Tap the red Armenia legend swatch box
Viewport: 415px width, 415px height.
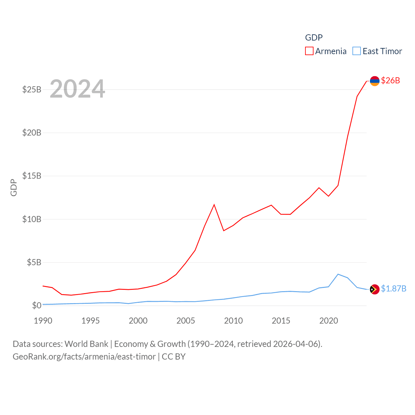309,51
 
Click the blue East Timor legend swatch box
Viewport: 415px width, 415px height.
357,51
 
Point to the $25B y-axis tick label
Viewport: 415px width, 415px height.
32,89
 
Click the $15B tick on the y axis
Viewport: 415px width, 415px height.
32,176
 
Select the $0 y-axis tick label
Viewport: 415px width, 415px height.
37,305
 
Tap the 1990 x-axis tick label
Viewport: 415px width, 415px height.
43,321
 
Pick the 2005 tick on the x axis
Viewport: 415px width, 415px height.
186,321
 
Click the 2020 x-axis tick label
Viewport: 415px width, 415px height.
329,321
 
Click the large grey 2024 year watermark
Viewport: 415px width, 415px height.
77,89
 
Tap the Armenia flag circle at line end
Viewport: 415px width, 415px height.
374,81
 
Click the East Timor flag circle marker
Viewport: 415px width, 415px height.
374,289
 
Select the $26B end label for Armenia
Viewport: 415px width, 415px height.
390,80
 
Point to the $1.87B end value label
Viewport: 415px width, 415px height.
394,289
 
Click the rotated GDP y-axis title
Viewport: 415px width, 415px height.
14,187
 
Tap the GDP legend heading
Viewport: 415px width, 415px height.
314,38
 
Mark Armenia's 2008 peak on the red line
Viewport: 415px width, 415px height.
214,205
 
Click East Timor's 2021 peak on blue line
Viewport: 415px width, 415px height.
338,274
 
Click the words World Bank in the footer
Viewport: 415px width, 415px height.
87,344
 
